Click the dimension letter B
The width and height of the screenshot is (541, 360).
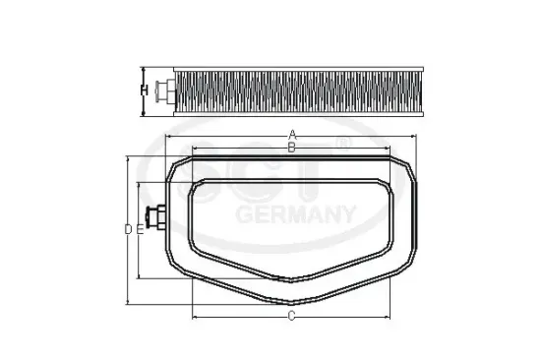[x=291, y=147]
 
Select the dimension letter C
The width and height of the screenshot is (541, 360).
[x=292, y=316]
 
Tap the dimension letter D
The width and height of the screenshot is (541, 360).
[x=129, y=229]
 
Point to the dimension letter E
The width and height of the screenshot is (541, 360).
[x=141, y=229]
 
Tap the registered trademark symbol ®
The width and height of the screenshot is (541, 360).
[x=341, y=144]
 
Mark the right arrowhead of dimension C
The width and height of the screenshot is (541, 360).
[x=392, y=316]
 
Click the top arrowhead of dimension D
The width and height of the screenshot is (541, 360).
[x=129, y=157]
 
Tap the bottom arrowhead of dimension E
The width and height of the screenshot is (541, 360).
[x=141, y=278]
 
